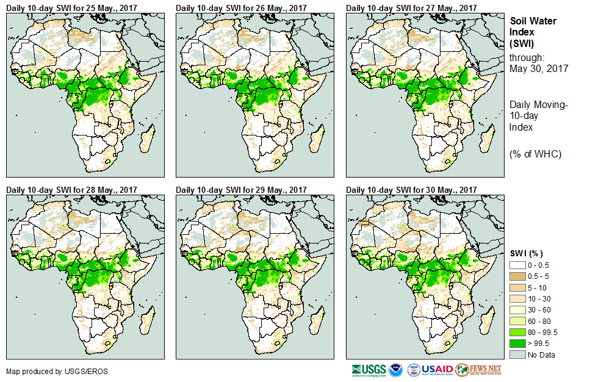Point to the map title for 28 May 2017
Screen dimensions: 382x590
(72, 190)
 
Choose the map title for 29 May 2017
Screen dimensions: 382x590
(242, 190)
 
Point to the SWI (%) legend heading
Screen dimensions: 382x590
(527, 253)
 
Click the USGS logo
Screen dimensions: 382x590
(369, 370)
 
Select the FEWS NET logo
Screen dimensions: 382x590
(480, 370)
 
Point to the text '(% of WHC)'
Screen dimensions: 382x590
(535, 154)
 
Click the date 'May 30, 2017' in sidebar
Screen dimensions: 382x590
(539, 68)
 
